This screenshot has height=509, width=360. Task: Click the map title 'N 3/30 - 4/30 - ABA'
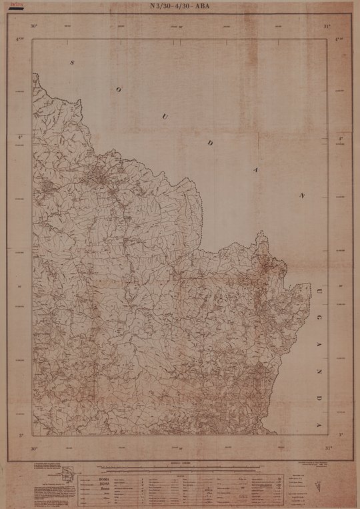pos(180,9)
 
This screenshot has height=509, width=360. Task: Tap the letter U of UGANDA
pos(319,291)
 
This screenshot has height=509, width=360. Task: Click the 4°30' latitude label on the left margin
pos(21,39)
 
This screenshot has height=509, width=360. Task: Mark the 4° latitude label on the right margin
pos(340,139)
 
